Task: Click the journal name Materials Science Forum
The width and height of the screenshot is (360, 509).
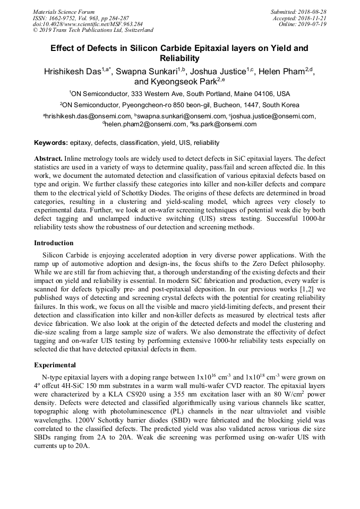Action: (x=64, y=11)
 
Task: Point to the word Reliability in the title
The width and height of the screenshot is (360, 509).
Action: (x=179, y=58)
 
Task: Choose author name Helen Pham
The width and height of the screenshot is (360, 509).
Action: (x=282, y=72)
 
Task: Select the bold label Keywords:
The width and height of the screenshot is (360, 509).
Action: (x=51, y=143)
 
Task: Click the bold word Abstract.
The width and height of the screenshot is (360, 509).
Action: (x=48, y=159)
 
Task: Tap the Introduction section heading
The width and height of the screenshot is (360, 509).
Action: (x=54, y=243)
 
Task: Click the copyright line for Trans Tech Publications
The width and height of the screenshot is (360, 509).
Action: (x=93, y=30)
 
